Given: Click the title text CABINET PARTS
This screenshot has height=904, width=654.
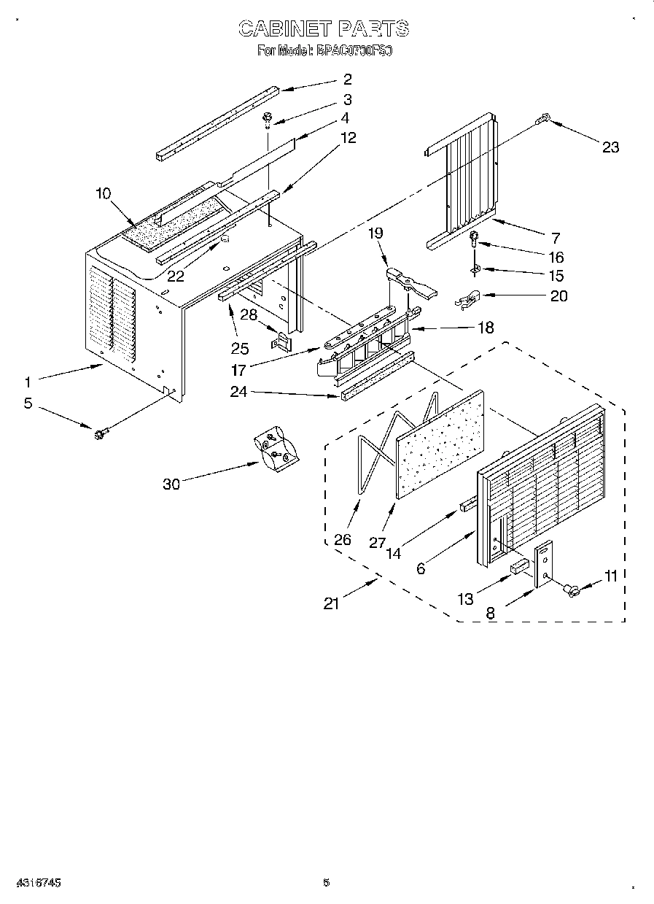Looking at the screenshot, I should (324, 29).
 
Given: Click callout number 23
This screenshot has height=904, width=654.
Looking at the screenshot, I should (610, 147).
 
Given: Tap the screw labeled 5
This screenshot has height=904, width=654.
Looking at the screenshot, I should (97, 435).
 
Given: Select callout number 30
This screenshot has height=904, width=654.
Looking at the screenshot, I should (171, 484).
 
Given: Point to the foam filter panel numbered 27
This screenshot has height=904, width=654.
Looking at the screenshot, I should (440, 444).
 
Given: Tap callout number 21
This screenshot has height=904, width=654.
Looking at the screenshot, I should (332, 604).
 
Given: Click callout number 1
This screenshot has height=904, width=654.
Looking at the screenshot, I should (28, 381).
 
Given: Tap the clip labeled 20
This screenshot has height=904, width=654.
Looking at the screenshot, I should (465, 298).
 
